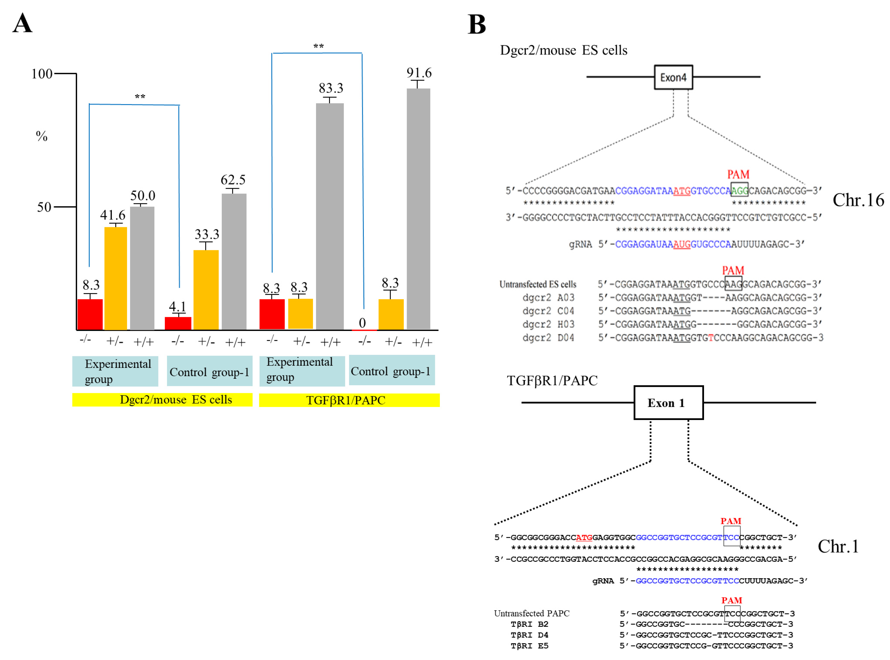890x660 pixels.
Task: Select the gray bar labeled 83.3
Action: pyautogui.click(x=330, y=216)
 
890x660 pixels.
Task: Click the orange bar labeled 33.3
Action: pyautogui.click(x=206, y=290)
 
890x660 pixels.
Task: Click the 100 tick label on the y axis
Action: pyautogui.click(x=42, y=74)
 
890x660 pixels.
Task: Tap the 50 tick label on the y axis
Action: pyautogui.click(x=44, y=207)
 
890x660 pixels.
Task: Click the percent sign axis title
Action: pyautogui.click(x=42, y=136)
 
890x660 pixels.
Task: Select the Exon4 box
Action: pyautogui.click(x=673, y=77)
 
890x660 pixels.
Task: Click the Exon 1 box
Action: pyautogui.click(x=668, y=403)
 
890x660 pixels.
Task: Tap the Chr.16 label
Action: pyautogui.click(x=858, y=200)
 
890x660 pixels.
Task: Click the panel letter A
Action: pyautogui.click(x=22, y=23)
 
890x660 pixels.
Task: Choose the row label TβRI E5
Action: pyautogui.click(x=529, y=646)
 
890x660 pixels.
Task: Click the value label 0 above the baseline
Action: pyautogui.click(x=362, y=323)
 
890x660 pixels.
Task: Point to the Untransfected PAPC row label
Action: pyautogui.click(x=531, y=613)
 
